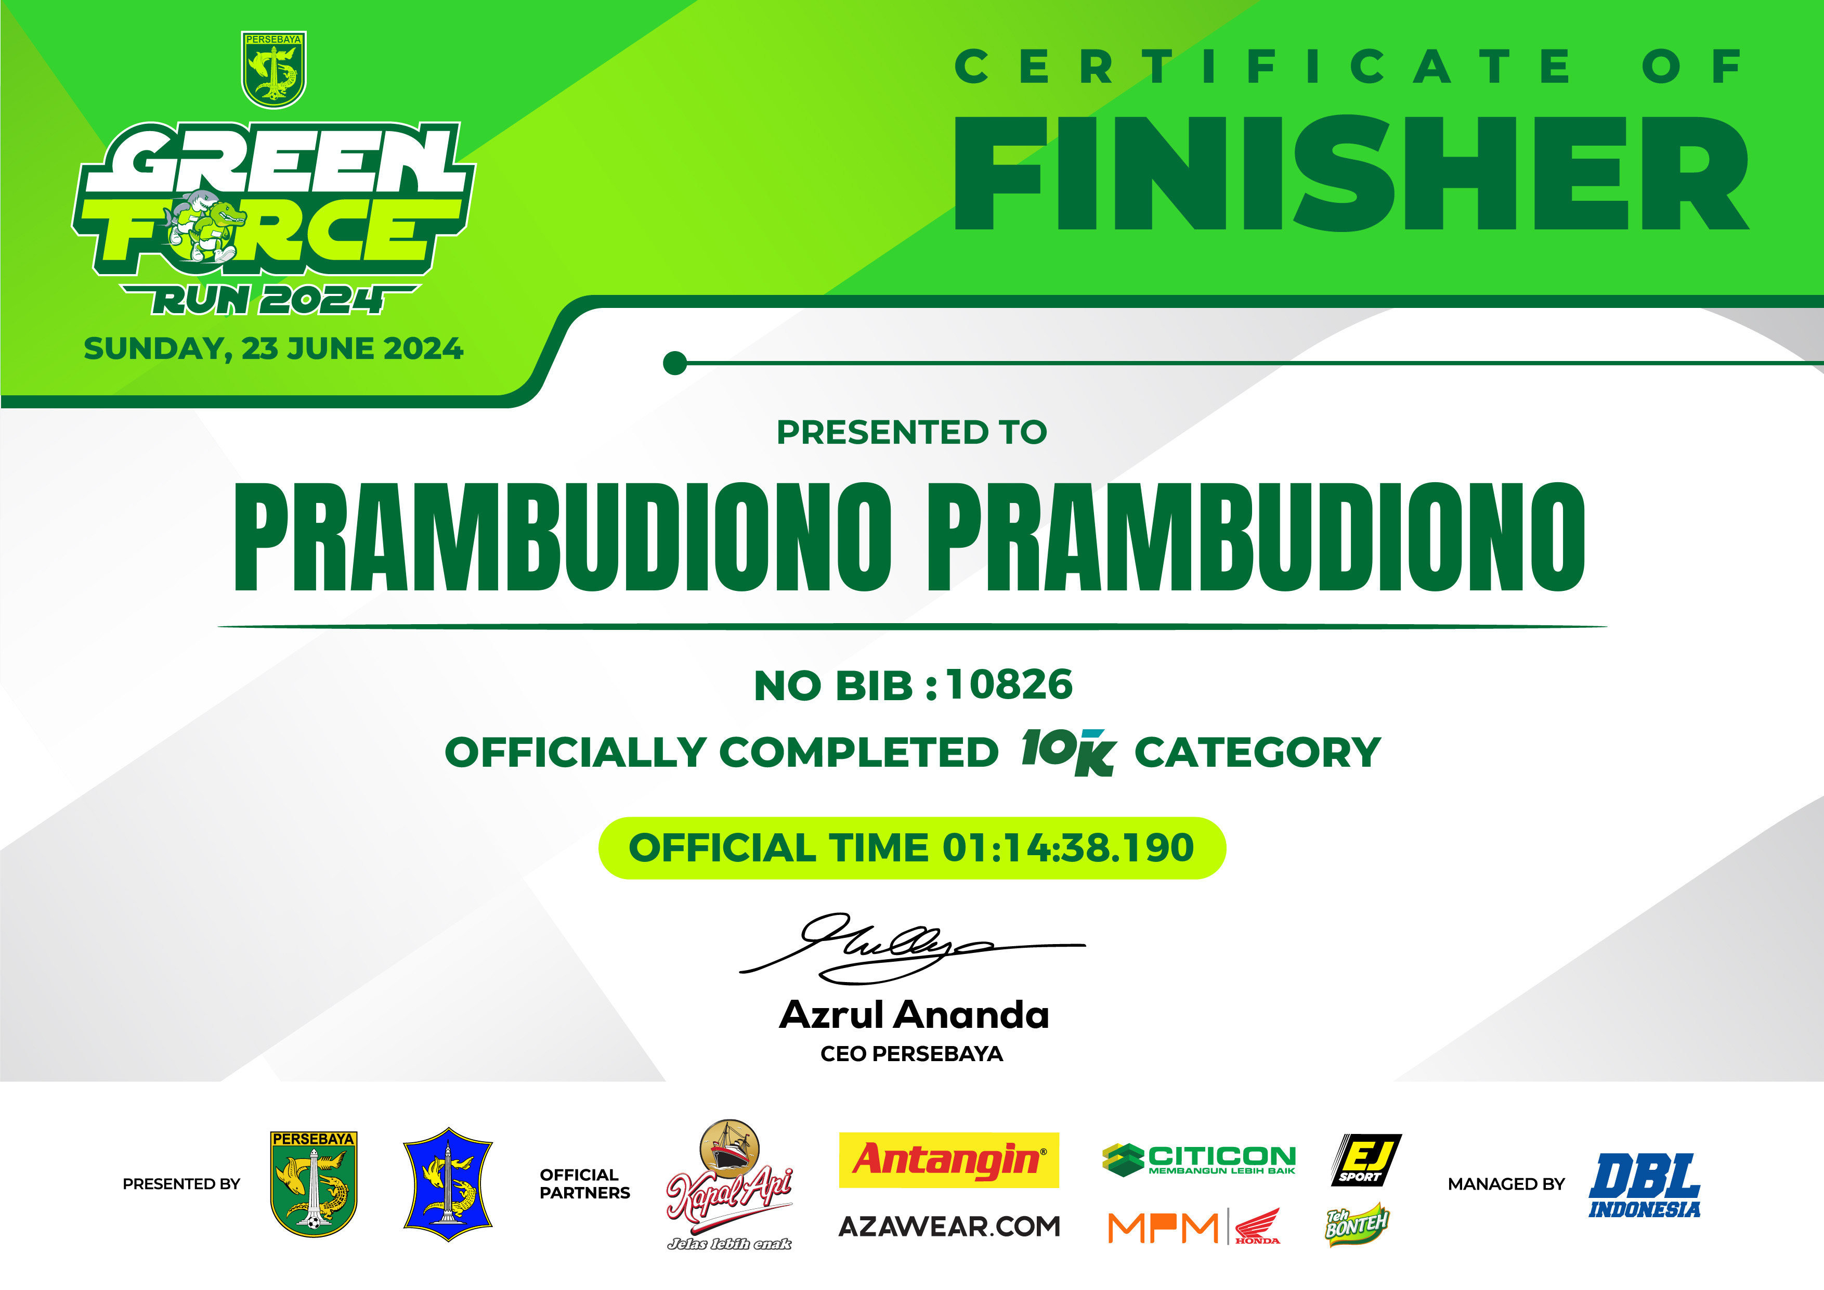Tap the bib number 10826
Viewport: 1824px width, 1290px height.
pos(1010,685)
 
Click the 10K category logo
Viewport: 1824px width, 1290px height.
pos(1067,752)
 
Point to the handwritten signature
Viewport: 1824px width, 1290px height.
pos(912,947)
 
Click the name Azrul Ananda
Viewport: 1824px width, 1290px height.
pos(914,1015)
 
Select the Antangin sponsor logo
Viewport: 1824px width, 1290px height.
pos(948,1159)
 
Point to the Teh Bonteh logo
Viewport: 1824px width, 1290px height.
pos(1357,1224)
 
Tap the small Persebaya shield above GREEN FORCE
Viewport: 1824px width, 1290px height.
pos(274,70)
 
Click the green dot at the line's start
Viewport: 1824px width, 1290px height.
pos(674,363)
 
